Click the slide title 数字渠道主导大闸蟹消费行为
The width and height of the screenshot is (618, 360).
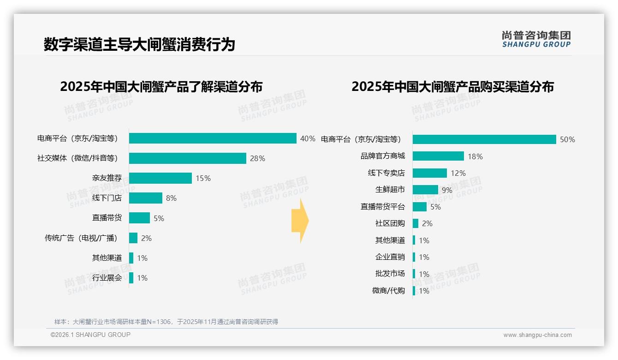tap(139, 44)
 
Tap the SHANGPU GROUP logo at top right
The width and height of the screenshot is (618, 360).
tap(536, 39)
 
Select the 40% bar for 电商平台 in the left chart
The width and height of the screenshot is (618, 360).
tap(213, 138)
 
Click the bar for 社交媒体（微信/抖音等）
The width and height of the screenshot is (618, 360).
tap(187, 158)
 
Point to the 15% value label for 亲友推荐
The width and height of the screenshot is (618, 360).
tap(203, 178)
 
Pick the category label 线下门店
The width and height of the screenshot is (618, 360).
tap(107, 198)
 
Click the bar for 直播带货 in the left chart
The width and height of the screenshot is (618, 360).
tap(139, 218)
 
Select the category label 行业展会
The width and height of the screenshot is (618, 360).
tap(107, 278)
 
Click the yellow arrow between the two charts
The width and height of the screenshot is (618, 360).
tap(300, 221)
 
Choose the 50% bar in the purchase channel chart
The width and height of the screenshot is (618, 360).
tap(484, 139)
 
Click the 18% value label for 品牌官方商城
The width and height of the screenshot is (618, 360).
tap(475, 156)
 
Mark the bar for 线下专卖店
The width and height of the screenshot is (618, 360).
tap(429, 173)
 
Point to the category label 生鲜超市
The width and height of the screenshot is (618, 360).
tap(390, 190)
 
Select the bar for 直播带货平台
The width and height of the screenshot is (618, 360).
tap(419, 207)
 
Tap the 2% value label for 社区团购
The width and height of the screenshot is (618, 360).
tap(427, 223)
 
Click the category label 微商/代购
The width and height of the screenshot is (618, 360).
tap(388, 291)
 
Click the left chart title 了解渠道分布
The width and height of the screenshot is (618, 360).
tap(161, 87)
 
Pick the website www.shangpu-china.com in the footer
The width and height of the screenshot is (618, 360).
tap(537, 335)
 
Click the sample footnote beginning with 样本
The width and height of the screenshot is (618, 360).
tap(166, 322)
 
